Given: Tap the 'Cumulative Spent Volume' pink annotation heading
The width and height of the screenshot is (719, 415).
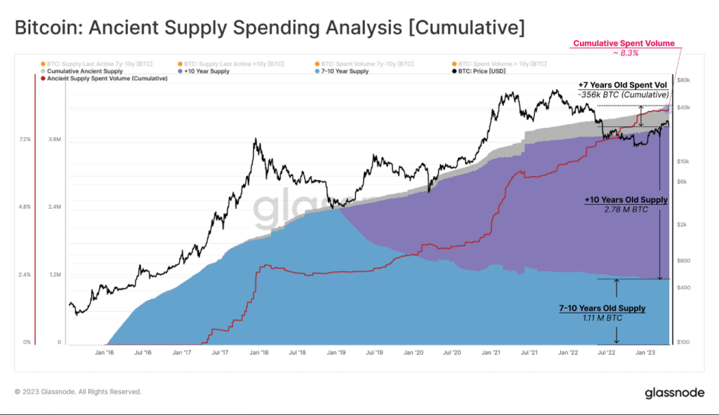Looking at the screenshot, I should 624,43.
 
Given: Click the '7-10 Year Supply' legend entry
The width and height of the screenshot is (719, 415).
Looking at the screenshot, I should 344,71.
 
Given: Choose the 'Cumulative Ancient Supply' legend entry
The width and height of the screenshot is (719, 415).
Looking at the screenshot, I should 85,71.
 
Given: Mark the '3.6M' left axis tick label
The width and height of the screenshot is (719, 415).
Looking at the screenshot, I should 54,140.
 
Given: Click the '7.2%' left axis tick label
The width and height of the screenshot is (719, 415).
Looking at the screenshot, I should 24,140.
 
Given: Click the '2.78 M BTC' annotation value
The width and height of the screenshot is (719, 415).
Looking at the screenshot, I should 626,209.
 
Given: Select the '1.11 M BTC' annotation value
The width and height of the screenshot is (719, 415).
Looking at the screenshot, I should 603,318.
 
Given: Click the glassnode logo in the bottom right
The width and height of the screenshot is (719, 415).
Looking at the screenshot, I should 674,393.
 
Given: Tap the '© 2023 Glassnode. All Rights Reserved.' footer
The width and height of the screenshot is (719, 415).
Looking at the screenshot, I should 77,392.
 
